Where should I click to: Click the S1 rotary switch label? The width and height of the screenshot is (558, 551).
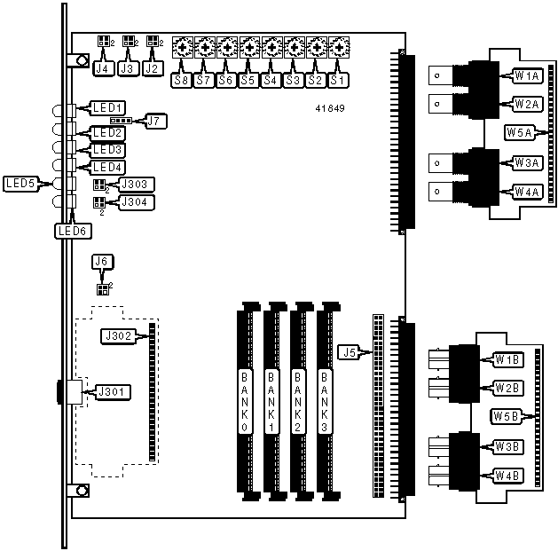point(337,80)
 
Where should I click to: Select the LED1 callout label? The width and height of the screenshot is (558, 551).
point(107,107)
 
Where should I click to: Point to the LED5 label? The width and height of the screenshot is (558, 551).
point(20,185)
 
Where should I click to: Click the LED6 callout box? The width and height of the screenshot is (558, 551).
point(72,231)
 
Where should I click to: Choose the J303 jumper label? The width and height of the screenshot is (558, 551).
point(137,185)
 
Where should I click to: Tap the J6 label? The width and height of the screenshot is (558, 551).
point(103,262)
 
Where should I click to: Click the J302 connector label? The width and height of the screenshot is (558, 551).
point(119,336)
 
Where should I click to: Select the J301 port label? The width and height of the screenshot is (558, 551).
point(111,390)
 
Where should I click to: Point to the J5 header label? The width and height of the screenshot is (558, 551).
point(350,351)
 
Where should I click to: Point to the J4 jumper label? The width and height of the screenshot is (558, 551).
point(102,67)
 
